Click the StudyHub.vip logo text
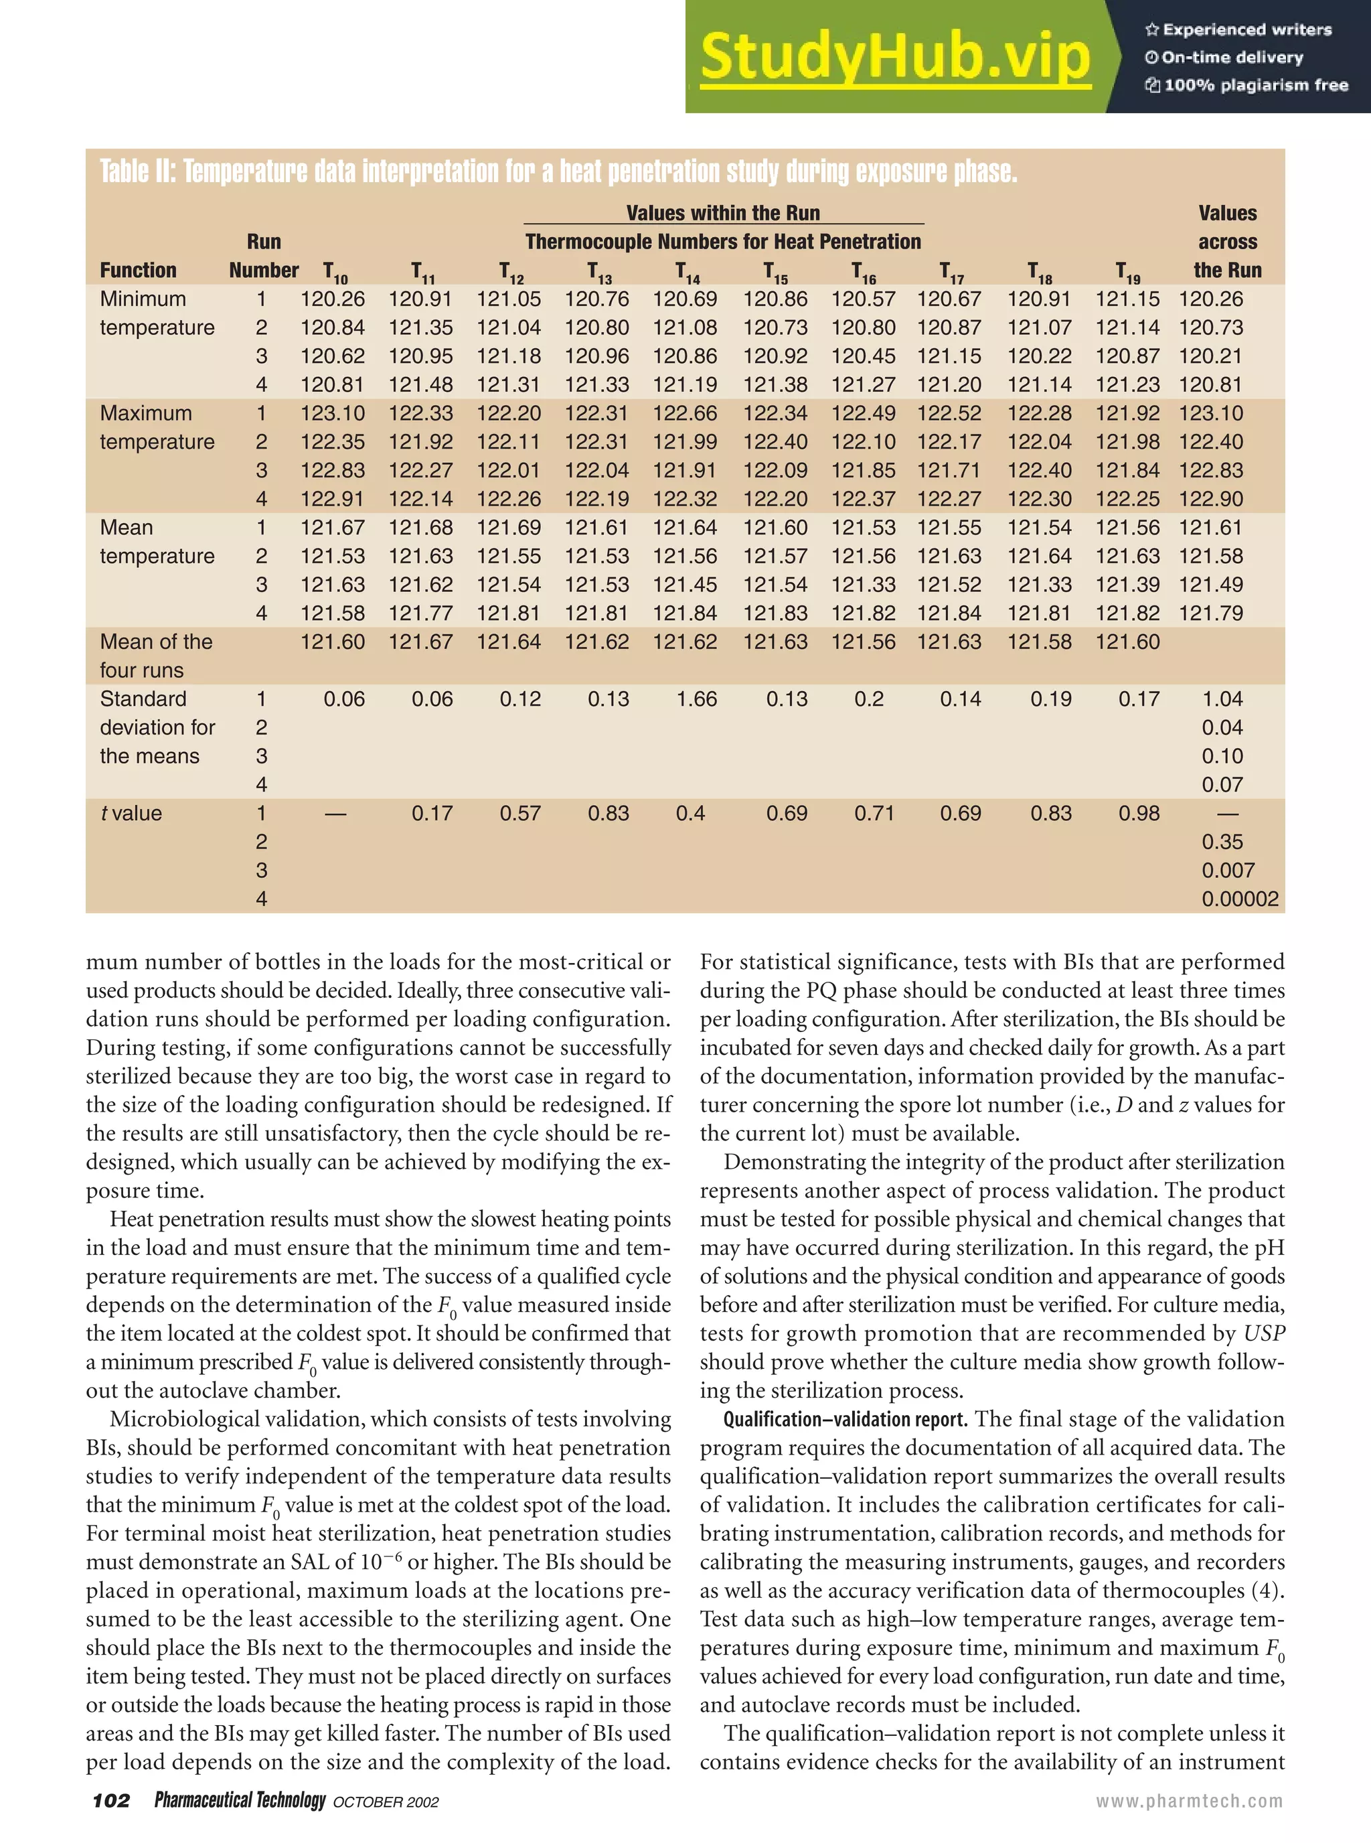(x=894, y=56)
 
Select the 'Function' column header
(x=138, y=270)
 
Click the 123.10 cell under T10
(x=332, y=413)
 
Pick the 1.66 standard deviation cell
(x=696, y=699)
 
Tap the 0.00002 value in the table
(x=1240, y=899)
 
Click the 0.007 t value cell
(x=1228, y=870)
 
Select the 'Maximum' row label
(x=145, y=413)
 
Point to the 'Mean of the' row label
(x=156, y=642)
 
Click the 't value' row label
(x=131, y=814)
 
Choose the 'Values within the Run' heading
(x=723, y=214)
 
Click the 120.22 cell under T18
(x=1039, y=356)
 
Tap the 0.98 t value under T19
(x=1138, y=814)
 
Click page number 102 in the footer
(x=111, y=1801)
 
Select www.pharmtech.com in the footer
(x=1188, y=1801)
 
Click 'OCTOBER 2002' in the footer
(x=385, y=1802)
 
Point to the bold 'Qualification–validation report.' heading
(x=845, y=1419)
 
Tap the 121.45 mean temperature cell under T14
(x=684, y=585)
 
